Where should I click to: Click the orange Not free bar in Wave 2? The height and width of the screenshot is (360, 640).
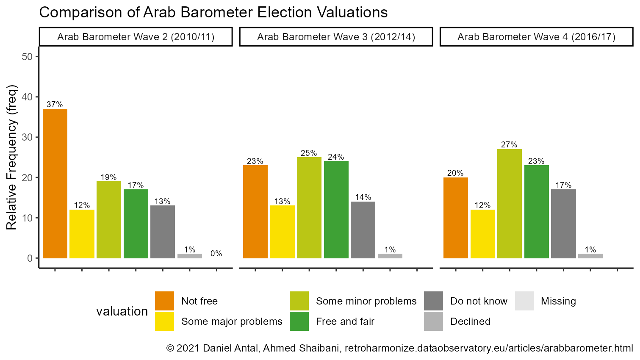pos(55,183)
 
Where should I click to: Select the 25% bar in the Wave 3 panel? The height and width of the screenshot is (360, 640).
pos(309,208)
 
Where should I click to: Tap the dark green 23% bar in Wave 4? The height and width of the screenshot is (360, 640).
pos(536,212)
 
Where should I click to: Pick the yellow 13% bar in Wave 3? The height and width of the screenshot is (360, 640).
pos(282,232)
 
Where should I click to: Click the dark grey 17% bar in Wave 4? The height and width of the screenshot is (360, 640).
pos(563,224)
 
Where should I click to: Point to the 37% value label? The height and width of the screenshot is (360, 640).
pos(55,105)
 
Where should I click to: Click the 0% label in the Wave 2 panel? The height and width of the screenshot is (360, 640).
pos(216,254)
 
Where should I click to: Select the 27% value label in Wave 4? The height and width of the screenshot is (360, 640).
pos(509,145)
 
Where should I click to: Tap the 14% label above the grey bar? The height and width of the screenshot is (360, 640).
pos(363,197)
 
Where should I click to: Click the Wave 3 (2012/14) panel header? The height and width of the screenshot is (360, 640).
pos(336,37)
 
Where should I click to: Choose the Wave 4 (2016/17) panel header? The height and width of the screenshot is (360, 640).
pos(536,37)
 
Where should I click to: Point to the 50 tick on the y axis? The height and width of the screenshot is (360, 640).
pos(27,57)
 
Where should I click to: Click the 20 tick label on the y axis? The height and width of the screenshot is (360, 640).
pos(27,178)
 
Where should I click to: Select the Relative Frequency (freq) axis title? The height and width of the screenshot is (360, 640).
pos(12,158)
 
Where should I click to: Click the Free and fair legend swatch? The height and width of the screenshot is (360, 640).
pos(299,321)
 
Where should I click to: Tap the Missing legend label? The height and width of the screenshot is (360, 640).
pos(558,301)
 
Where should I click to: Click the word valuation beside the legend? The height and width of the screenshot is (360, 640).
pos(122,311)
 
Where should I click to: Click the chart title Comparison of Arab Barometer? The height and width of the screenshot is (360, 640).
pos(213,12)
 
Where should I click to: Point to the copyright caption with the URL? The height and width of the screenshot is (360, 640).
pos(399,348)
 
